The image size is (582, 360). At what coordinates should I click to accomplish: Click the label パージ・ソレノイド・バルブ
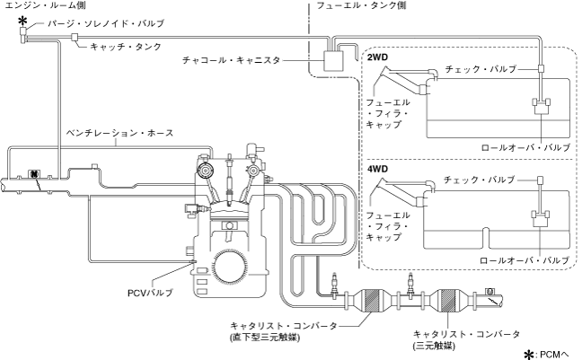(x=106, y=23)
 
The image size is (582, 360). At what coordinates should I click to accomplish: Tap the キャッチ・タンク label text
(x=126, y=47)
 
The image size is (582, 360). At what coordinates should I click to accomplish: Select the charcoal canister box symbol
(x=333, y=61)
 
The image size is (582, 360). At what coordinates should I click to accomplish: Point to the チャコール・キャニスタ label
(x=231, y=60)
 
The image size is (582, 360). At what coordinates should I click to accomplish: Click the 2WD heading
(x=377, y=57)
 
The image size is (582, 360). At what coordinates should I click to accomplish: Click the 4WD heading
(x=377, y=170)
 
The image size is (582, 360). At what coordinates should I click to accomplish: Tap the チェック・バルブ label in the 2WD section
(x=481, y=69)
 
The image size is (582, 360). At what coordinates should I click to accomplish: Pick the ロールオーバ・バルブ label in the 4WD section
(x=525, y=260)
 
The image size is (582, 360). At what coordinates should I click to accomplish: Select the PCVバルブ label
(x=150, y=293)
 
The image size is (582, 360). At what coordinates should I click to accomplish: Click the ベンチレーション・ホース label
(x=119, y=133)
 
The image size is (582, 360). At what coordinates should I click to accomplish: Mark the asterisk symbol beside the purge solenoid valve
(x=23, y=21)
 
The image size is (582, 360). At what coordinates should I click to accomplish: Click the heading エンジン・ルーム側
(x=45, y=5)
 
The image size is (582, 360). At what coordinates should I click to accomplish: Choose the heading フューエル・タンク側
(x=361, y=5)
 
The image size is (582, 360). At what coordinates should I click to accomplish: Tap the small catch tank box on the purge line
(x=75, y=37)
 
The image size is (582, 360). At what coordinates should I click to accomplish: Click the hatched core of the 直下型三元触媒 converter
(x=373, y=298)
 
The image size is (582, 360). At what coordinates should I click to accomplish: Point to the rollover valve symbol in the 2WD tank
(x=542, y=106)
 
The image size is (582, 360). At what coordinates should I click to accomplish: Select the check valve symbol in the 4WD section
(x=541, y=180)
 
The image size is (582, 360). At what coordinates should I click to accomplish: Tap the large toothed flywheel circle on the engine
(x=230, y=268)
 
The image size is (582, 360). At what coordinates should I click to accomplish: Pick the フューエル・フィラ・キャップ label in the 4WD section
(x=387, y=226)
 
